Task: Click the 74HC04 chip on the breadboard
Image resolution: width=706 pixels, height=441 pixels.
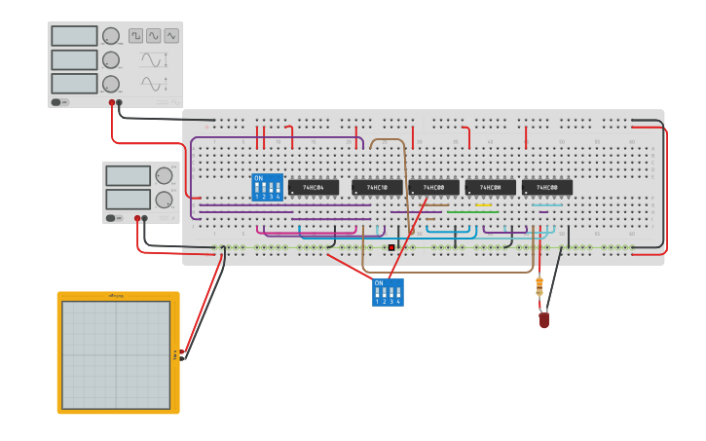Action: click(x=313, y=187)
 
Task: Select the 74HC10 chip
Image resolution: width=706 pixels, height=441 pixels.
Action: click(x=377, y=187)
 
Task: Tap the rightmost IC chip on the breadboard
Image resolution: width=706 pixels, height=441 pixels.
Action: click(x=546, y=187)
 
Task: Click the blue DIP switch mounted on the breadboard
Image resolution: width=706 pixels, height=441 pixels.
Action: click(x=267, y=187)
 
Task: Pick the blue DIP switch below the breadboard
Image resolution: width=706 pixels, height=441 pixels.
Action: click(x=388, y=292)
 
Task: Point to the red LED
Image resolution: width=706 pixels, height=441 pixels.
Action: click(x=543, y=318)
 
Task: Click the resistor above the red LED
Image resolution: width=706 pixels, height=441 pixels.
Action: click(x=539, y=287)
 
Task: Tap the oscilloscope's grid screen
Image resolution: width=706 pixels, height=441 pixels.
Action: click(x=116, y=354)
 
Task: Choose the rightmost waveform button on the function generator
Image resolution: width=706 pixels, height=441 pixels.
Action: click(x=171, y=36)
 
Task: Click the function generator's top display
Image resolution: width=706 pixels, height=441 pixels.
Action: click(x=74, y=36)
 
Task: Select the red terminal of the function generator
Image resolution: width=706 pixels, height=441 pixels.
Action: click(x=113, y=102)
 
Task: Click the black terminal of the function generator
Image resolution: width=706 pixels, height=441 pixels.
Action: click(x=121, y=102)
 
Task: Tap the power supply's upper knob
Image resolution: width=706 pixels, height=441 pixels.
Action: click(x=163, y=176)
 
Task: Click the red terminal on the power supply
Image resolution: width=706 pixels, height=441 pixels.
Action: click(x=138, y=219)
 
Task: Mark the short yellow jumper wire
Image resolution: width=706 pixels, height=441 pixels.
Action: click(x=484, y=205)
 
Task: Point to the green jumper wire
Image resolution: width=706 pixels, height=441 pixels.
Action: click(x=472, y=212)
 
